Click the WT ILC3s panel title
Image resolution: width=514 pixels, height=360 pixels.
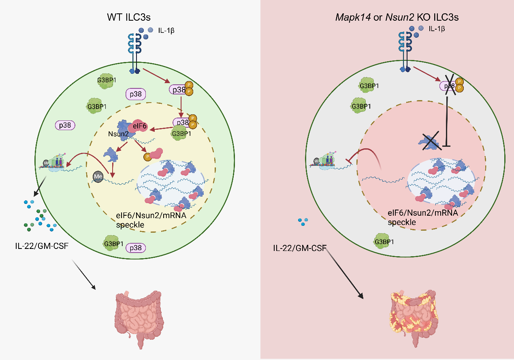129,17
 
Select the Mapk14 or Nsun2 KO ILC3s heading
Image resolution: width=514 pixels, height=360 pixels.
397,17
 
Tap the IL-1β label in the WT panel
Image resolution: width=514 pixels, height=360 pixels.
166,30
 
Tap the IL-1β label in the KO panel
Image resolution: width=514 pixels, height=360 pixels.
437,29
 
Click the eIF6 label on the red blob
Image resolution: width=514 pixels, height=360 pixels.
139,126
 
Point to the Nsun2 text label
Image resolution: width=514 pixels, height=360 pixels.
118,134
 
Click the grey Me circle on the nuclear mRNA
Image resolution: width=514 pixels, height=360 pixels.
98,177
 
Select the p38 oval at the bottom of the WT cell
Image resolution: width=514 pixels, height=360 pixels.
136,248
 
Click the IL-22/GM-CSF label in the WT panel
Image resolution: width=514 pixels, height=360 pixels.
42,246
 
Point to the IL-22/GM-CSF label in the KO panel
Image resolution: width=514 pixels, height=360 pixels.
300,248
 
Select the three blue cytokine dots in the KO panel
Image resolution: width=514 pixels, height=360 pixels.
303,222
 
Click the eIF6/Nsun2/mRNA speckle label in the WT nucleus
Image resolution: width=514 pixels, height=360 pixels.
151,220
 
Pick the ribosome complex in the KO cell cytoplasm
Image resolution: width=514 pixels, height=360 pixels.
322,160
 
